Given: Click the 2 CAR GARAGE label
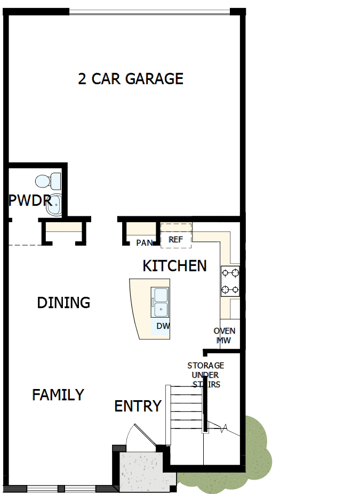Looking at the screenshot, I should point(131,79).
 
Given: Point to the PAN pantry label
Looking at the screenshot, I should point(144,243).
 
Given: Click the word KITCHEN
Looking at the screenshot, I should point(174,265).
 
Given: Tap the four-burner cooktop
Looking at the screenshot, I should point(230,281).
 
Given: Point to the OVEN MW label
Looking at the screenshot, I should point(225,335).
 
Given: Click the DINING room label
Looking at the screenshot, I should point(63,303).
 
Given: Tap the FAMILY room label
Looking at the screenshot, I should point(58,395).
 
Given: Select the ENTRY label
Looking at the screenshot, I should point(138,406).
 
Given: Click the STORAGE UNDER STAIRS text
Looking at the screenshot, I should point(206,375).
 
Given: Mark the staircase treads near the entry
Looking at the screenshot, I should point(186,415).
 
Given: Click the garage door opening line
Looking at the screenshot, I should point(150,10).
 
